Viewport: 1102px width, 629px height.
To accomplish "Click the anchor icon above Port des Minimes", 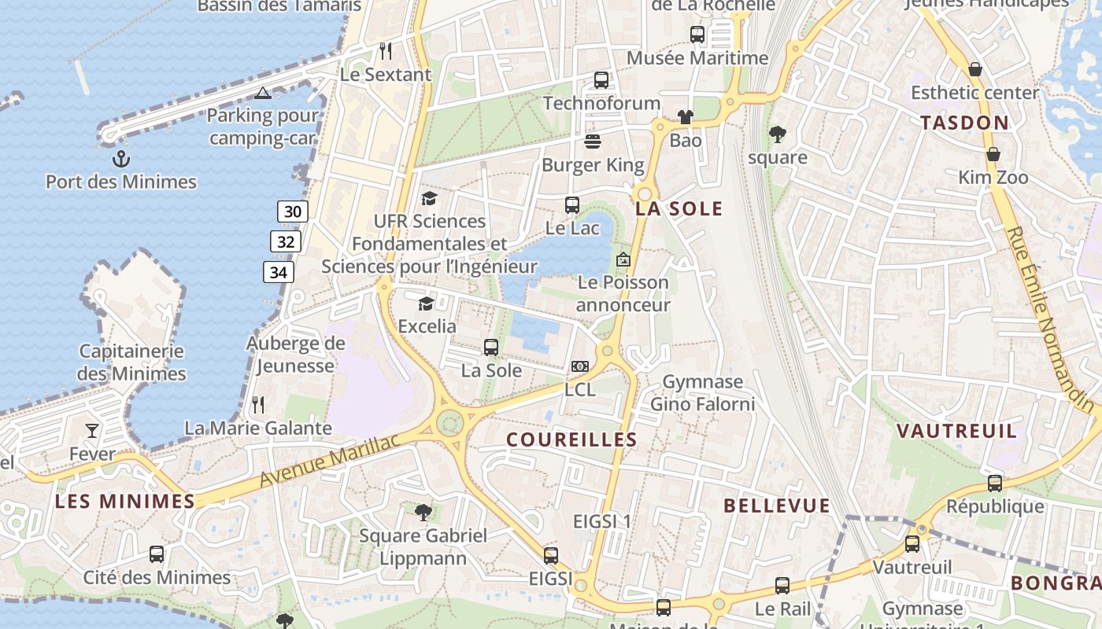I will pos(120,159).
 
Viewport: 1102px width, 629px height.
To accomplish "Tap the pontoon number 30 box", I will pos(292,212).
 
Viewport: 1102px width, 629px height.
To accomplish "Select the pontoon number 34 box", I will pos(278,273).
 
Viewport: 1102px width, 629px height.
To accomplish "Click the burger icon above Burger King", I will pos(593,142).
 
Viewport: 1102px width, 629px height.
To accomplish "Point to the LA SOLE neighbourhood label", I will pos(679,208).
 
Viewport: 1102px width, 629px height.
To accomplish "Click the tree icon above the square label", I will pos(778,134).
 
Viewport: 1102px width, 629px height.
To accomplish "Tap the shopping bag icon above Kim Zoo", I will pos(993,153).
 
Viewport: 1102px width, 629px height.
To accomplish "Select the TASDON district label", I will pos(964,123).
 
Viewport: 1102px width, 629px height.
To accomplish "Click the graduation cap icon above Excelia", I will pos(426,303).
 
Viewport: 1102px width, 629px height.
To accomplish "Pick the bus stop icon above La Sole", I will pos(491,347).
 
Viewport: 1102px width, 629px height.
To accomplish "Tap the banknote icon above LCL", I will pos(580,366).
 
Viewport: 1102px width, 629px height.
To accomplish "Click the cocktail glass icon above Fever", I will pos(92,430).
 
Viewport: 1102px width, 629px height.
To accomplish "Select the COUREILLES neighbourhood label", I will pos(571,440).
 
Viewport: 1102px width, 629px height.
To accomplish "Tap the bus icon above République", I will pos(995,484).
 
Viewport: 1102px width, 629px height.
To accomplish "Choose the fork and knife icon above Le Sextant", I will pos(386,51).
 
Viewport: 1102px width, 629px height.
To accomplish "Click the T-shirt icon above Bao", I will pos(686,117).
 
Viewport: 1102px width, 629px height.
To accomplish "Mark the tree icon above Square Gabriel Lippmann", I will pos(423,513).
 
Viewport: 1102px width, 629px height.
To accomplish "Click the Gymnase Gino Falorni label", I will pos(702,393).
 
